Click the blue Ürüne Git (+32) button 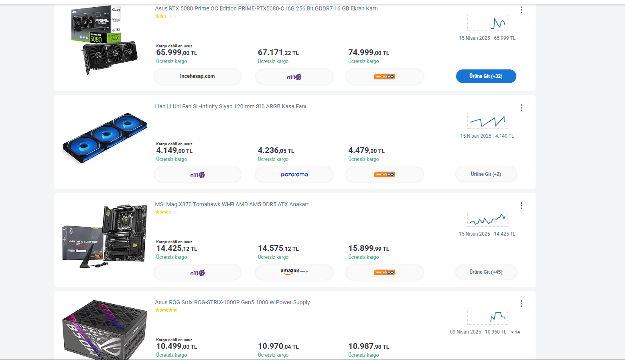(486, 76)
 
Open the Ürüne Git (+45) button (486, 272)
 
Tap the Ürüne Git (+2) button (486, 174)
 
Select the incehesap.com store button (197, 76)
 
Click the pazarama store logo (294, 175)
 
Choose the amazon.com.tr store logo (294, 272)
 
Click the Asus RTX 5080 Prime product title (266, 8)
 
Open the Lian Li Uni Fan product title (231, 106)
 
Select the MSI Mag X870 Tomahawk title (232, 204)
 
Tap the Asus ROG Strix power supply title (232, 302)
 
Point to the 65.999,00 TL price (177, 53)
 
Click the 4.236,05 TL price (276, 151)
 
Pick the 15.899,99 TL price (369, 248)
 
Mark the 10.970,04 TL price (278, 346)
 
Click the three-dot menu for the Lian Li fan (522, 108)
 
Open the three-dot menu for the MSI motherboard (522, 206)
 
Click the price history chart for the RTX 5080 (487, 23)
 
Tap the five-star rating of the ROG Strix (166, 310)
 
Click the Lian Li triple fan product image (105, 138)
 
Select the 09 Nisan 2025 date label (465, 332)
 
